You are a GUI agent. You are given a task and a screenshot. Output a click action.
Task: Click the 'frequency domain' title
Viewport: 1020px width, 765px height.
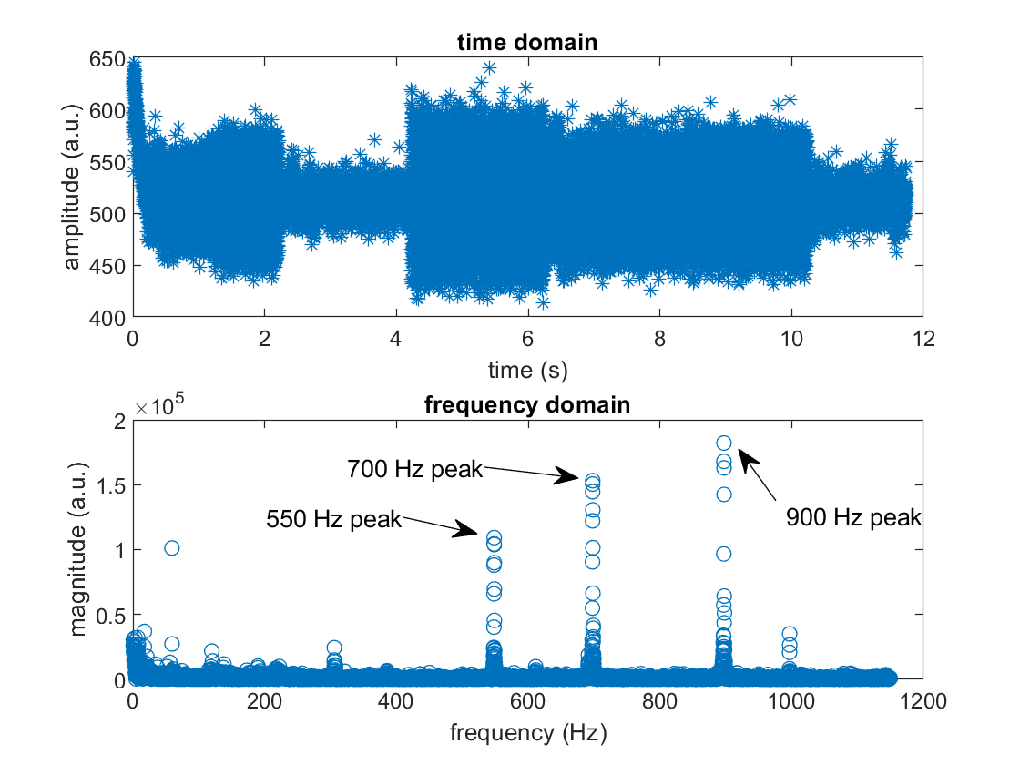[x=526, y=404]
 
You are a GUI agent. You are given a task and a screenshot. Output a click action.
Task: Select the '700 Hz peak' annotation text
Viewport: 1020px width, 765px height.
[x=414, y=470]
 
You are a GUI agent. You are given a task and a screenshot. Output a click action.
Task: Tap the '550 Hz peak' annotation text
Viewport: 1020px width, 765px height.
[x=333, y=519]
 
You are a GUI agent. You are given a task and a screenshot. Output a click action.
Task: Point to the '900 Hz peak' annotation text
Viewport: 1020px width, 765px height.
[x=854, y=518]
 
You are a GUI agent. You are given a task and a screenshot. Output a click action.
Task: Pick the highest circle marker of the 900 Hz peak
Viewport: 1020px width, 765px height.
[x=724, y=444]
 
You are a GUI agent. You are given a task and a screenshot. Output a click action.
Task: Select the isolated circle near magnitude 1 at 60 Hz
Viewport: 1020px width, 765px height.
[x=171, y=547]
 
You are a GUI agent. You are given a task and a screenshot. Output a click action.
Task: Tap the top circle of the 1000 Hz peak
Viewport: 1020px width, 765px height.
[x=790, y=634]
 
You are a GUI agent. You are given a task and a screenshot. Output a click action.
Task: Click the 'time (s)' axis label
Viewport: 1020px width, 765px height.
[x=526, y=370]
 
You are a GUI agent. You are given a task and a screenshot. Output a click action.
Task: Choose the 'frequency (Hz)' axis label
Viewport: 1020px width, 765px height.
[x=526, y=732]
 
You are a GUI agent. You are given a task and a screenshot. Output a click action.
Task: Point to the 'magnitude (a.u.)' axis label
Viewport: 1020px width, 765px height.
[x=79, y=550]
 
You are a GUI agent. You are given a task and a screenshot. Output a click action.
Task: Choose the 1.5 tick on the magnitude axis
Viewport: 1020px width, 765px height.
[x=107, y=484]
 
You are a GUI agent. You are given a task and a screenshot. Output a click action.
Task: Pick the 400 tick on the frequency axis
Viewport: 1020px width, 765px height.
[x=395, y=702]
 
